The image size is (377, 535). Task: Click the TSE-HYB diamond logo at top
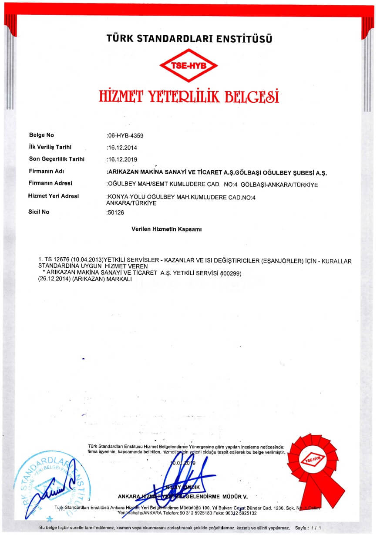188,66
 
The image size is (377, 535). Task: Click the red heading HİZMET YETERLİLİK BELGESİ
188,96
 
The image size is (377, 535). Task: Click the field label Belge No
41,135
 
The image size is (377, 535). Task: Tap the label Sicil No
40,212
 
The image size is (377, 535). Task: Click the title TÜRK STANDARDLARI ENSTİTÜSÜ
189,39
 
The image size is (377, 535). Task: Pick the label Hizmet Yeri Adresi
54,196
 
